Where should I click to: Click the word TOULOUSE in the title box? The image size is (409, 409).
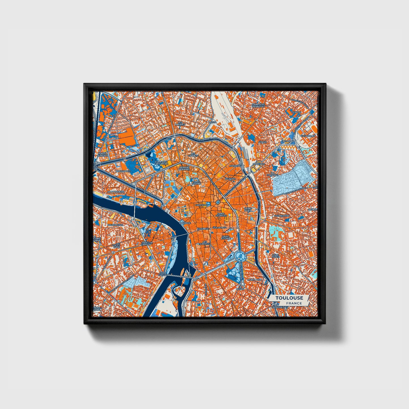click(289, 298)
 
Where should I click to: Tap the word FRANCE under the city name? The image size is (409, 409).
click(294, 303)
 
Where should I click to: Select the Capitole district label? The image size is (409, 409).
click(201, 205)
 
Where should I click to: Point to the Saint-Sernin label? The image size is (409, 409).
click(197, 183)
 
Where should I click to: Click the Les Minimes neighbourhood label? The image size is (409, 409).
click(180, 123)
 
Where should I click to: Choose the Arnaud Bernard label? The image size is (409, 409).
click(185, 168)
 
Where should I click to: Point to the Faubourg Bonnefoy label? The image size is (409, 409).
click(258, 105)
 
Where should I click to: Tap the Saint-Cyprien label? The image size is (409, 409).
click(146, 243)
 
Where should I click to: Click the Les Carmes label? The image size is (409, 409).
click(205, 243)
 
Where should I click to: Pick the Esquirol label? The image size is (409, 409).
click(202, 228)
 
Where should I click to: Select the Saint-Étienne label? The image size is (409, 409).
click(226, 237)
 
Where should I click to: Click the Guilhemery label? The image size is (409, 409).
click(282, 216)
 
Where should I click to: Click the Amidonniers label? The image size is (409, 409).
click(116, 192)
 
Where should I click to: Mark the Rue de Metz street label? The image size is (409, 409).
click(220, 228)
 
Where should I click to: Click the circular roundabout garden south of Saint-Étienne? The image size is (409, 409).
click(239, 256)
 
